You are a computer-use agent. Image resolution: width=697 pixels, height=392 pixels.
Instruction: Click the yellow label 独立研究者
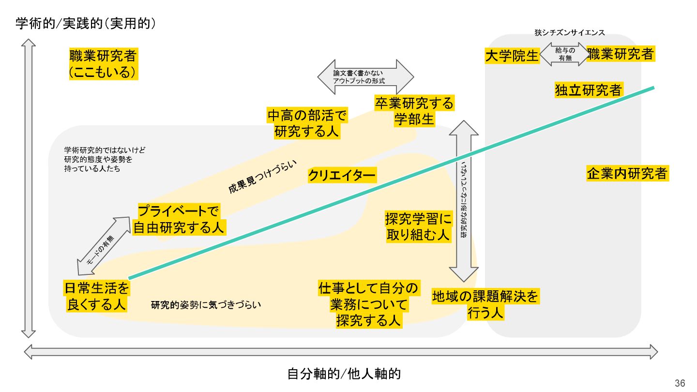point(589,90)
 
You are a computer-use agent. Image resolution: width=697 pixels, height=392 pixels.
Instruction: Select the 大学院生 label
point(512,56)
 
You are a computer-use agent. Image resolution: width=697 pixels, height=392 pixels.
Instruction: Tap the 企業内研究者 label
point(627,174)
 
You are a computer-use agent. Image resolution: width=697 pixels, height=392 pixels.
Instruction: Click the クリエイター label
point(342,176)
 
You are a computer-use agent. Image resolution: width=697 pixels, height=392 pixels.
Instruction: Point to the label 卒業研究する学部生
point(414,111)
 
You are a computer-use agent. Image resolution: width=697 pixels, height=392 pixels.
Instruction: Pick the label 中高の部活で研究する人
point(307,123)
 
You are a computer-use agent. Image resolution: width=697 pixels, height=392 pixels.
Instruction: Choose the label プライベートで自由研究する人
point(179,219)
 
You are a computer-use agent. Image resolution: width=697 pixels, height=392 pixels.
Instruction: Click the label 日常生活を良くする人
point(97,296)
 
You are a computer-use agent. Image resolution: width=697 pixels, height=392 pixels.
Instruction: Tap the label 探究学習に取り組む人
point(418,226)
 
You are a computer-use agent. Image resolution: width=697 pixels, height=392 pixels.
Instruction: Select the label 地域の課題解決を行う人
point(485,304)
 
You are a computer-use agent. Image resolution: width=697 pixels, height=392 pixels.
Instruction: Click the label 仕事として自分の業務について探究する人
point(368,304)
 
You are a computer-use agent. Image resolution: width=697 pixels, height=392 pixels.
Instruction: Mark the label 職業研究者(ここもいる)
point(103,64)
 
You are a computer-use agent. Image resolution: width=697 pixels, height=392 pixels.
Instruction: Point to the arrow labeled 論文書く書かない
point(365,77)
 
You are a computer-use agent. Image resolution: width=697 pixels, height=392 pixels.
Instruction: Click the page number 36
point(680,383)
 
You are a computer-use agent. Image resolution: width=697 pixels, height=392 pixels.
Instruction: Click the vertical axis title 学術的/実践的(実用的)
point(86,24)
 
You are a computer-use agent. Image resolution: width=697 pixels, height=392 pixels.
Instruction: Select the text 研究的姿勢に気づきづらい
point(206,305)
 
